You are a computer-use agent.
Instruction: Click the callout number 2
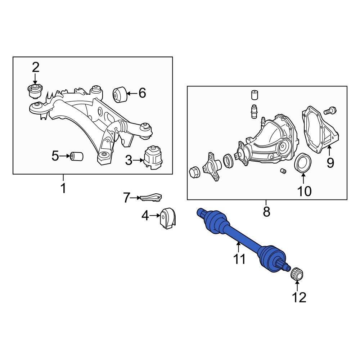(x=36, y=67)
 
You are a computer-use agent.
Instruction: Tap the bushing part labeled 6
(x=120, y=95)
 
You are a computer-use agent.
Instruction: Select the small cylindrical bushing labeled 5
(x=76, y=156)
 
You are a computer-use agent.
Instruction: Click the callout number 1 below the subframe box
(x=63, y=188)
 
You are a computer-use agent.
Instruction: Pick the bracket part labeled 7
(x=151, y=198)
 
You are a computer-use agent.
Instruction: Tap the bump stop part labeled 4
(x=167, y=218)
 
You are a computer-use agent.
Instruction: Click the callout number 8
(x=266, y=211)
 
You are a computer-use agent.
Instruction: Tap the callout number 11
(x=239, y=259)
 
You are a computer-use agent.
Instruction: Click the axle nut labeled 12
(x=297, y=274)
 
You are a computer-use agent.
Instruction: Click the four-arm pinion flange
(x=212, y=166)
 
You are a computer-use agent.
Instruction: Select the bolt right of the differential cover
(x=330, y=111)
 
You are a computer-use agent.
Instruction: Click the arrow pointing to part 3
(x=138, y=161)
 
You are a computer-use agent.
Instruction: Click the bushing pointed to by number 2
(x=35, y=91)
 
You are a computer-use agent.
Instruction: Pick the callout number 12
(x=299, y=297)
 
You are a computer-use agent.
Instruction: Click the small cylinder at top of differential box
(x=254, y=95)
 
